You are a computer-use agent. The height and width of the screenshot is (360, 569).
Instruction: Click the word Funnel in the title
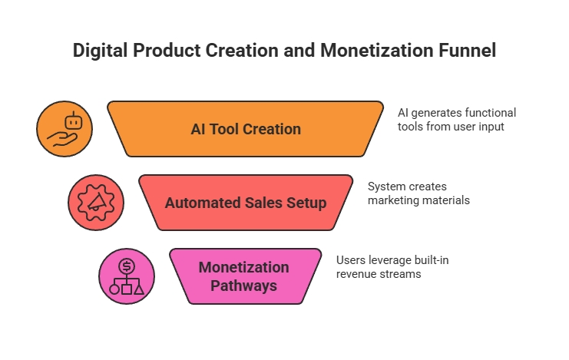coord(468,50)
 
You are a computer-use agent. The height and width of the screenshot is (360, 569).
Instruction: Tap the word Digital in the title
coord(100,51)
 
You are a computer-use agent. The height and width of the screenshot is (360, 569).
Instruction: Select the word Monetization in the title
coord(377,50)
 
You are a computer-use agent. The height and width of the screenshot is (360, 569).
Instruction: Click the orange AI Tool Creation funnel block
coord(245,129)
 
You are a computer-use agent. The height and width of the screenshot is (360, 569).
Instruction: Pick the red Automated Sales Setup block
coord(246,203)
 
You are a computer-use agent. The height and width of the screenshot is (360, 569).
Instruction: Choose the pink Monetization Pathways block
coord(245,276)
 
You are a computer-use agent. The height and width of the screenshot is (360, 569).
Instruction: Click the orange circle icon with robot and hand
coord(65,129)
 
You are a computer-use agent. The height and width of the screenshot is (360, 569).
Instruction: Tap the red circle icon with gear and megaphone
coord(96,203)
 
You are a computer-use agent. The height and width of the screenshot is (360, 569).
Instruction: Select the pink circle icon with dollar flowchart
coord(127,276)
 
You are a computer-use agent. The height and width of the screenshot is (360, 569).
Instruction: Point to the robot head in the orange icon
coord(74,121)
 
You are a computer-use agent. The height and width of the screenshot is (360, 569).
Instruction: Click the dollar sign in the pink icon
coord(127,266)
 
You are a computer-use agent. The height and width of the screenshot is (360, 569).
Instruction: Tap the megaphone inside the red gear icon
coord(97,202)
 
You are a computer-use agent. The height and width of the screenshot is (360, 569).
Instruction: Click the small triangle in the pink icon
coord(139,289)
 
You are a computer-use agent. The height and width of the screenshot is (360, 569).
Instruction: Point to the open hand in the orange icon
coord(62,140)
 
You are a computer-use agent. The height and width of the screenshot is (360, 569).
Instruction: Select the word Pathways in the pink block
coord(244,286)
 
